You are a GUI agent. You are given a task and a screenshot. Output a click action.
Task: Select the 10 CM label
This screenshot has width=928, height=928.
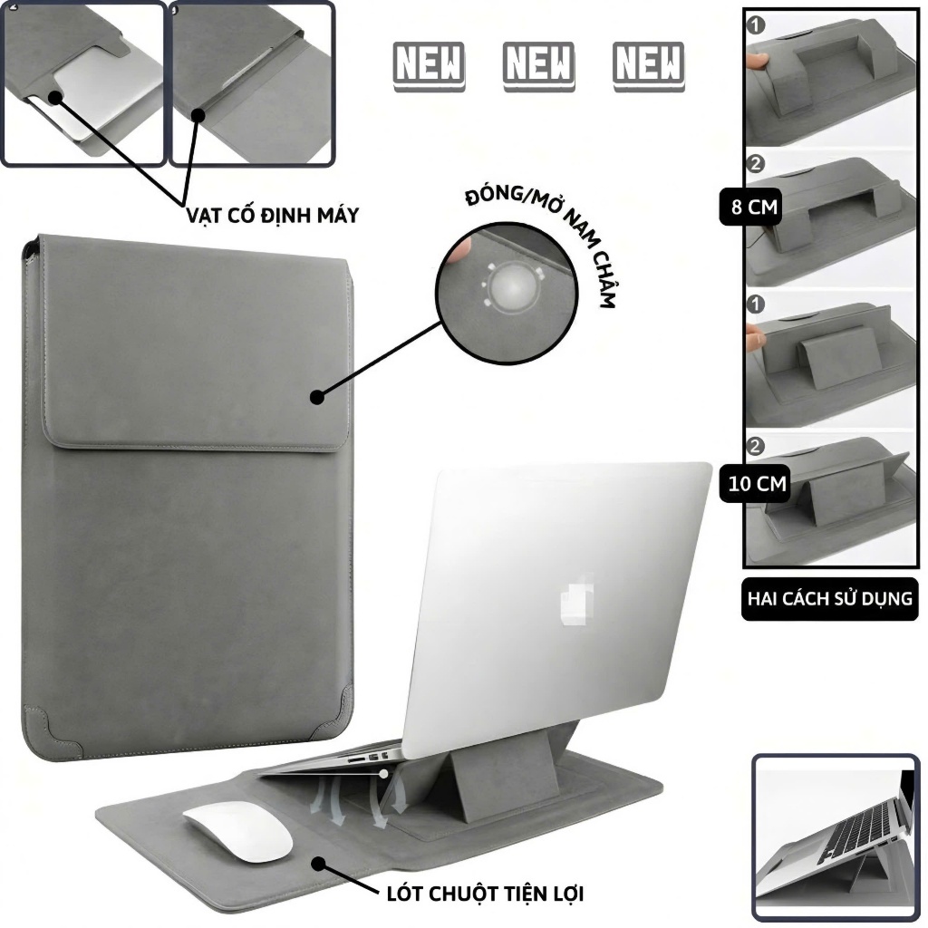757,484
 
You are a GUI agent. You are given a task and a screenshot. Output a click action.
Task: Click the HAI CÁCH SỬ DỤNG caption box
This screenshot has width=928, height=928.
830,599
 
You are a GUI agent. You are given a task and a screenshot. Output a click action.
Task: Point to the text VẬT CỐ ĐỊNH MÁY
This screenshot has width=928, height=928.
272,215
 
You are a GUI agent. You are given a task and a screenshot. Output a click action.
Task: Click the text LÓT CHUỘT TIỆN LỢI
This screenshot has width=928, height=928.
486,894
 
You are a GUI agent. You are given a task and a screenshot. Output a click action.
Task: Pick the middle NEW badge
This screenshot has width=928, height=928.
538,65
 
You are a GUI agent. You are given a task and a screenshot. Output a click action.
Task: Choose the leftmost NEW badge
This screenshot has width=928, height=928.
429,65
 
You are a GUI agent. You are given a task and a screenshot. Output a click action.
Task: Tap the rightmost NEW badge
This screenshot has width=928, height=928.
649,65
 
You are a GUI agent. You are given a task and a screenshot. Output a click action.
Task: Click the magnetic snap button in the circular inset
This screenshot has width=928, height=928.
513,286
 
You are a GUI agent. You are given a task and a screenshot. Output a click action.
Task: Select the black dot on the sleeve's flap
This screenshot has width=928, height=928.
317,397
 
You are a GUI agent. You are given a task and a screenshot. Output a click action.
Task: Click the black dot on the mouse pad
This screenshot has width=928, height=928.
320,864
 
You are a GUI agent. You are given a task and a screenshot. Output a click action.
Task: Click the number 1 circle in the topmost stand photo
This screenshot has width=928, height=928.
757,25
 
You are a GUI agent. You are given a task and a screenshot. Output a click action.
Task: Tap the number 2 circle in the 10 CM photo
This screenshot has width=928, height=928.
756,446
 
